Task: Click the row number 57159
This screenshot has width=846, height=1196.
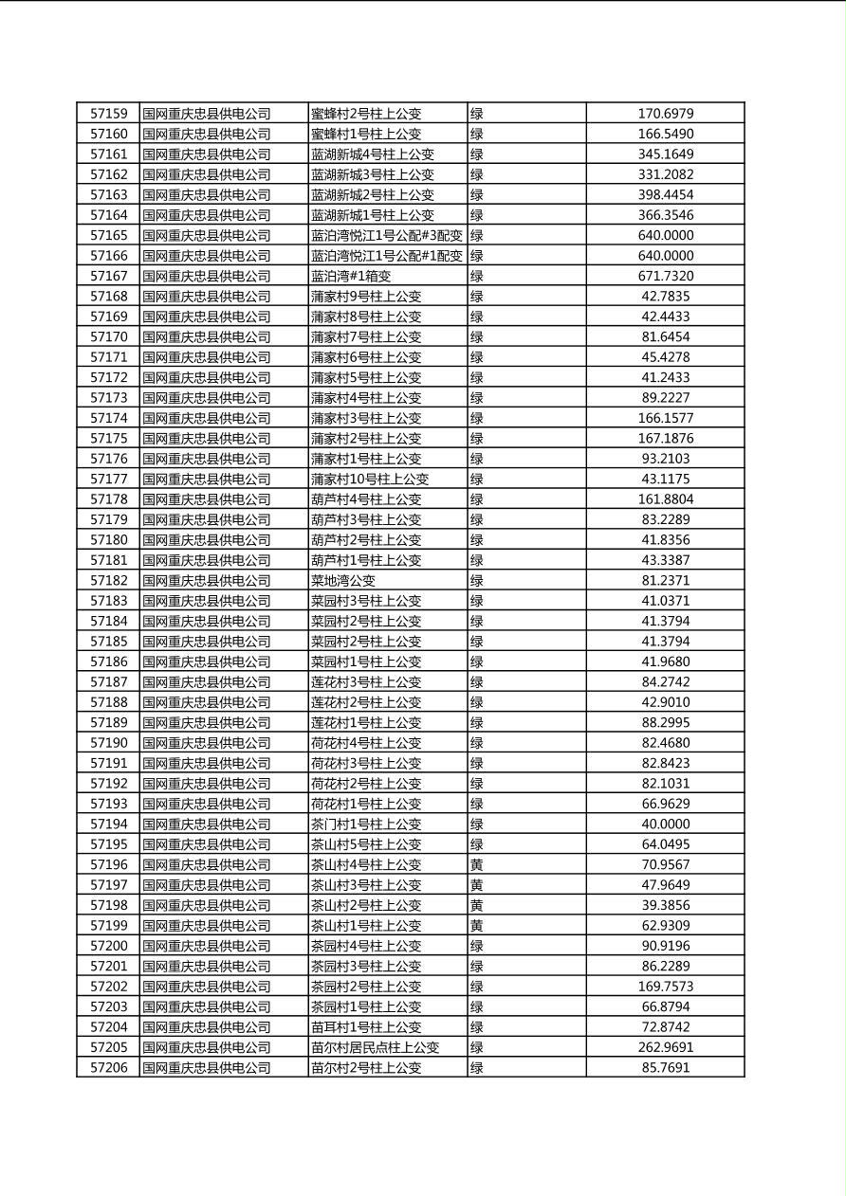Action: pyautogui.click(x=108, y=114)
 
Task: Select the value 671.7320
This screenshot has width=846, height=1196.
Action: pyautogui.click(x=665, y=276)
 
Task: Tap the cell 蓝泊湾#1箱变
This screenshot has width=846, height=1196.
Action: pyautogui.click(x=351, y=276)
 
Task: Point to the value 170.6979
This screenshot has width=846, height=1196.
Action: pyautogui.click(x=665, y=114)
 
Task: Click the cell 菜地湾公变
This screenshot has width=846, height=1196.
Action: pyautogui.click(x=343, y=580)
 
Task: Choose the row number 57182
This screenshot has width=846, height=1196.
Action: pyautogui.click(x=108, y=580)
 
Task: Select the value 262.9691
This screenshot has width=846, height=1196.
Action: pyautogui.click(x=665, y=1047)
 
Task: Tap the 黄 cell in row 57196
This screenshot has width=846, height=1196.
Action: pyautogui.click(x=477, y=864)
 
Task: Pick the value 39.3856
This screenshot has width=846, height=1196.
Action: pyautogui.click(x=665, y=905)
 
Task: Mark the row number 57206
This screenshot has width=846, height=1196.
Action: pyautogui.click(x=108, y=1067)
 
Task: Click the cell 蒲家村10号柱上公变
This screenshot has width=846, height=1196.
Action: pyautogui.click(x=370, y=479)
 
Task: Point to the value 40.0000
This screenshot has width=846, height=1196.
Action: pyautogui.click(x=665, y=824)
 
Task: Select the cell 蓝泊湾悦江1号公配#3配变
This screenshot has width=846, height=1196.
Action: pyautogui.click(x=387, y=235)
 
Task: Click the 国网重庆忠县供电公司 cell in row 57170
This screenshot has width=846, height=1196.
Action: pyautogui.click(x=207, y=336)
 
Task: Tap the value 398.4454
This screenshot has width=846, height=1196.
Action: pyautogui.click(x=665, y=194)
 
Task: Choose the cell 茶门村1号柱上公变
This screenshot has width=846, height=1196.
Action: pyautogui.click(x=366, y=824)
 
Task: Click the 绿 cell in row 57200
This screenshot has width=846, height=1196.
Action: pyautogui.click(x=477, y=946)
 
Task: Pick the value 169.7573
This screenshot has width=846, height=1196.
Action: pyautogui.click(x=665, y=986)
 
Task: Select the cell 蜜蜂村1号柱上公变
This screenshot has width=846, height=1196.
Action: pyautogui.click(x=366, y=134)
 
